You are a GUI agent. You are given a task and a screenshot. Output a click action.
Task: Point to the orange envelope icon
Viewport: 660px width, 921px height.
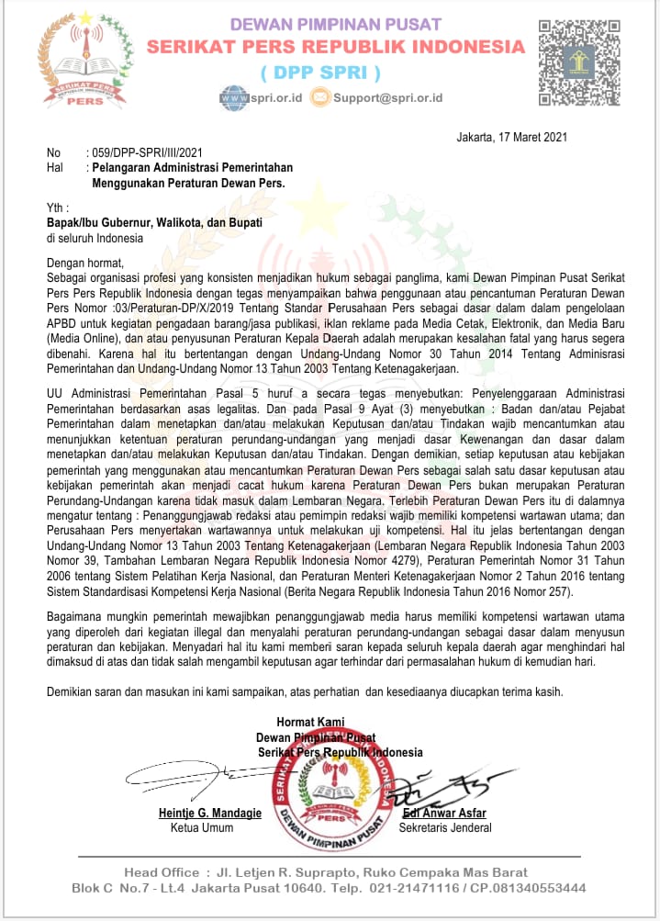319,96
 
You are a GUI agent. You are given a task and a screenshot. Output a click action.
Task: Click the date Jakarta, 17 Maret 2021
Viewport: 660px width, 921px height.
510,138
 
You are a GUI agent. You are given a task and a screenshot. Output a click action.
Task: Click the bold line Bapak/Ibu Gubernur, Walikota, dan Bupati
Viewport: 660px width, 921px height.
155,223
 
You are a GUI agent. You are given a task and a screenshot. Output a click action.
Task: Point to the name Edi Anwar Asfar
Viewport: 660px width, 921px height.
444,814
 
